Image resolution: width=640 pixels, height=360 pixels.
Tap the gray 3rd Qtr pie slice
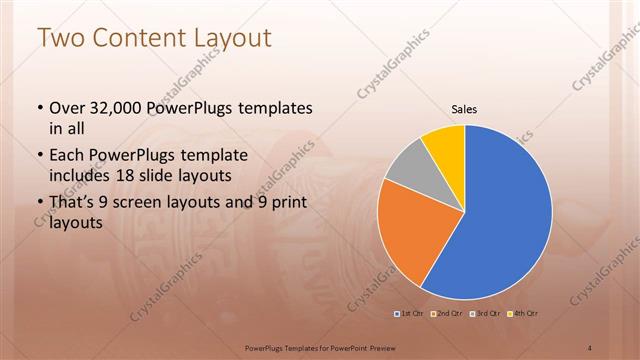coord(405,167)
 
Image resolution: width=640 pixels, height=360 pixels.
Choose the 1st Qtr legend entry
coord(410,314)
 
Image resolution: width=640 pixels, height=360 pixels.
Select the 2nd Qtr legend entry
coord(447,314)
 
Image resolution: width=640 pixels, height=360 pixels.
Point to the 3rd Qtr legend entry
coord(484,314)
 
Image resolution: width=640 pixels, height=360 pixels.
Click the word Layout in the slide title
coord(233,38)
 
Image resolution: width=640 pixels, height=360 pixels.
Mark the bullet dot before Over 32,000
coord(39,108)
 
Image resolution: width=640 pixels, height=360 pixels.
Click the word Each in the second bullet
coord(68,156)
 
